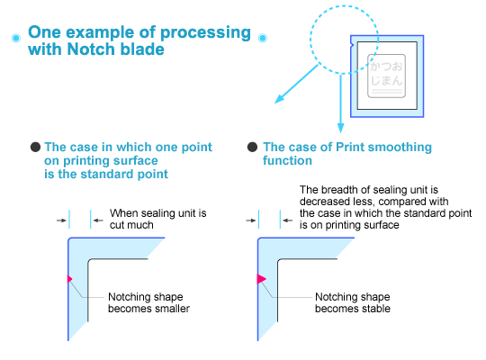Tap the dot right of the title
[262, 39]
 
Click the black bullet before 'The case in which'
[35, 147]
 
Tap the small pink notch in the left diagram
[68, 278]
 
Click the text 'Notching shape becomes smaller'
[148, 302]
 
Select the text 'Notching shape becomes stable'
[352, 302]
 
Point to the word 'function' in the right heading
[287, 161]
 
